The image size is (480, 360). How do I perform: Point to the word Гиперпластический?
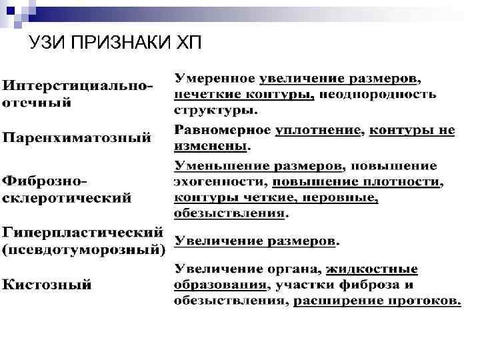pos(83,233)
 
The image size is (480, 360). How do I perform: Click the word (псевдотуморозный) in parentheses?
pos(84,251)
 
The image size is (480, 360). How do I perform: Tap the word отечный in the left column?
pos(37,103)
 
